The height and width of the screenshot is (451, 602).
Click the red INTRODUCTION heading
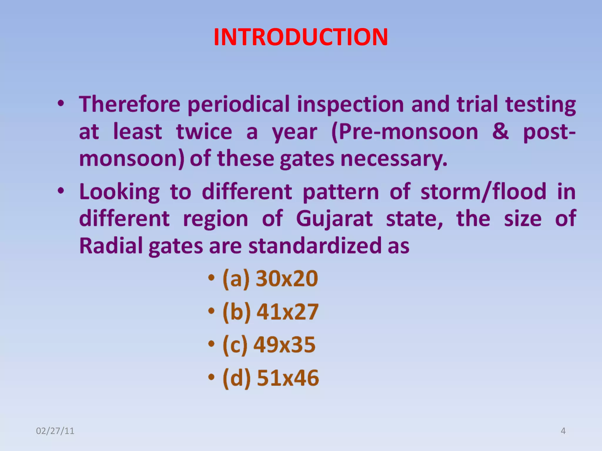click(301, 37)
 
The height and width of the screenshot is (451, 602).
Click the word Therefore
click(130, 104)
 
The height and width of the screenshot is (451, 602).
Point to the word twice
click(204, 132)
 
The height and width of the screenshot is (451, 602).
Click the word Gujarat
click(334, 219)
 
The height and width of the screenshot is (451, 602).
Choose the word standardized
click(314, 246)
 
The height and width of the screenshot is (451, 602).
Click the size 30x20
click(287, 278)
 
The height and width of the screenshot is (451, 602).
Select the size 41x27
click(287, 312)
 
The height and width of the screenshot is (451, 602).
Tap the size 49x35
click(284, 345)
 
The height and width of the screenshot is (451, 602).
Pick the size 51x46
click(288, 378)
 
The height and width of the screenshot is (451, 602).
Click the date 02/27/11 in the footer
click(55, 431)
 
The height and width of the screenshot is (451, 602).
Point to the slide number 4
click(563, 431)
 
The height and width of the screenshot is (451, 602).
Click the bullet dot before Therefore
click(61, 103)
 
